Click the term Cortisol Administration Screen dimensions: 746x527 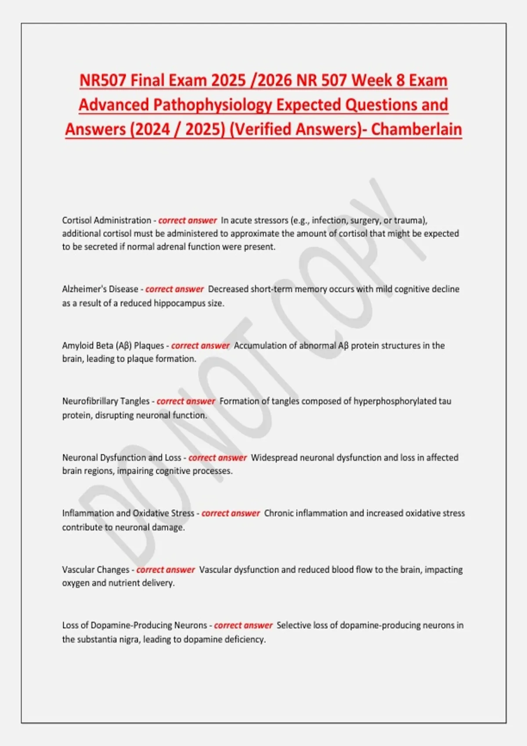106,220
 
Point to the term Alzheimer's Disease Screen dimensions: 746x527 100,289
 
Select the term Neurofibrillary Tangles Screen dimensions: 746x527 106,401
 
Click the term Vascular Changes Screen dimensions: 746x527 95,570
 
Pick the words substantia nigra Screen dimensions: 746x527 107,639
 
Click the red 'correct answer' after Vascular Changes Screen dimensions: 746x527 166,570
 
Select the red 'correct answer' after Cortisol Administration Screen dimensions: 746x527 188,220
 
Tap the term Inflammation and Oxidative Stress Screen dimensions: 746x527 128,513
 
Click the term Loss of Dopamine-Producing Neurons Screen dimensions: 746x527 134,625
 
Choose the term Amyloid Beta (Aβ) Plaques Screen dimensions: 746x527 113,345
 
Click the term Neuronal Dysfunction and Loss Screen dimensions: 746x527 122,457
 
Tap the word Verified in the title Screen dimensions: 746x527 260,129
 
